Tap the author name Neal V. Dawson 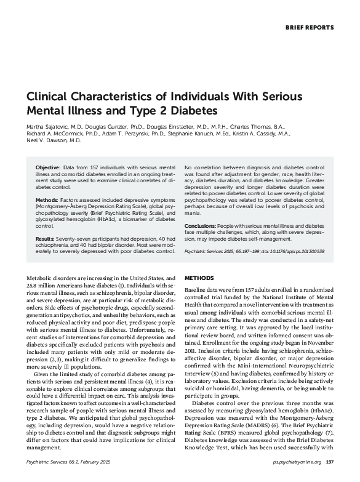pos(46,140)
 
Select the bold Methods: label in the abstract pos(47,201)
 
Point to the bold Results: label pos(46,238)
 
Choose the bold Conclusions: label pos(200,227)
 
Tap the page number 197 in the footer pos(329,462)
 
